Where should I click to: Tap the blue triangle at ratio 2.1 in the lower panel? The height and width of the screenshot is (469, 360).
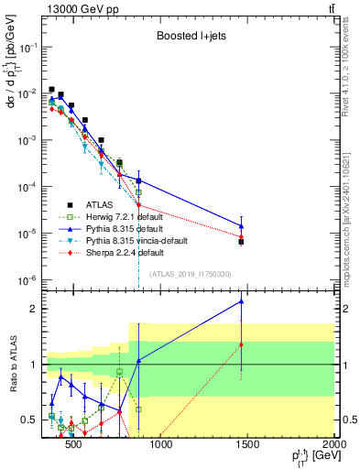(241, 300)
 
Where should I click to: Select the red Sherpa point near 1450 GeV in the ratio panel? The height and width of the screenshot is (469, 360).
(241, 344)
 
